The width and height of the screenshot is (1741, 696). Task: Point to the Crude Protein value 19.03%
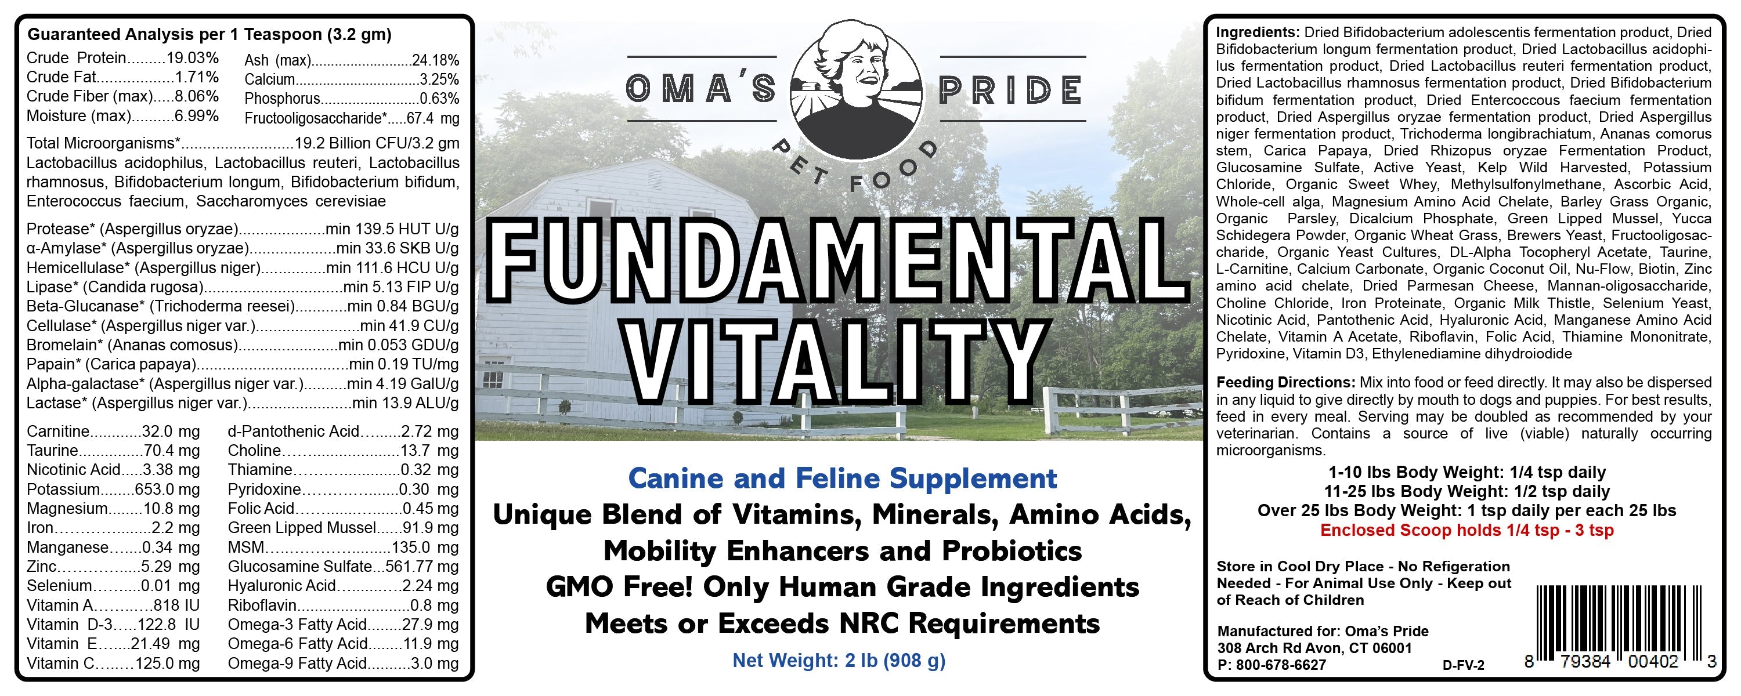coord(193,58)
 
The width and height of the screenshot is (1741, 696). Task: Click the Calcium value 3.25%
coord(439,79)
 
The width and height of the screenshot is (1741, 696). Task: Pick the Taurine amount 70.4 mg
coord(172,451)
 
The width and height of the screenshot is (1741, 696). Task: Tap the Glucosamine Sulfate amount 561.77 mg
coord(422,567)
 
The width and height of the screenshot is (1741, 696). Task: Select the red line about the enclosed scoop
coord(1467,531)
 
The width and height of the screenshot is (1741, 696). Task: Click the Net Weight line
coord(839,660)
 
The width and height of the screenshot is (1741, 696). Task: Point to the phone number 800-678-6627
coord(1281,665)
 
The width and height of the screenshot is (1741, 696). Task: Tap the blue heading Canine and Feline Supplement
coord(842,478)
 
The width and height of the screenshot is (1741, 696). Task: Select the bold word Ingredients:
coord(1257,32)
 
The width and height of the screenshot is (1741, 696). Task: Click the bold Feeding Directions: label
coord(1285,382)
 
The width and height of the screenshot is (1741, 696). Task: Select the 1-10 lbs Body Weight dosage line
coord(1467,472)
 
